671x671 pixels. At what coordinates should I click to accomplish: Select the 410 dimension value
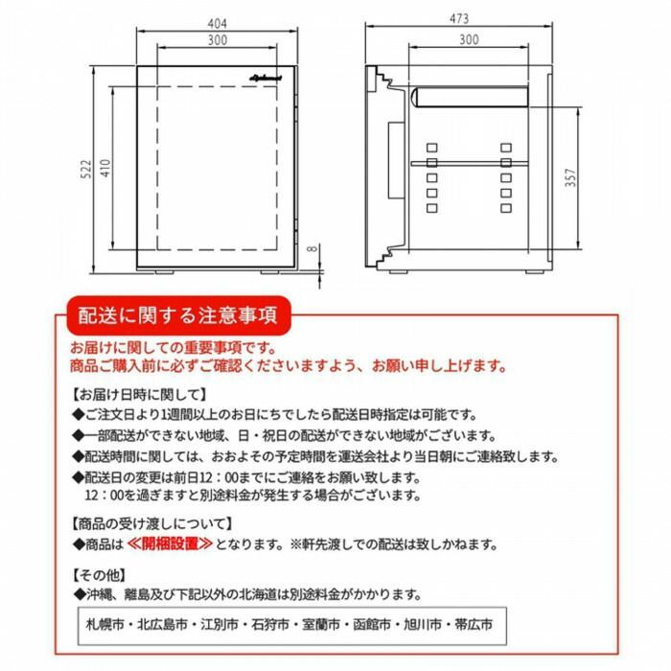tap(107, 170)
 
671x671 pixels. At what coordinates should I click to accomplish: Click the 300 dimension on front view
tap(218, 39)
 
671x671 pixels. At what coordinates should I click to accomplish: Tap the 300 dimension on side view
tap(469, 39)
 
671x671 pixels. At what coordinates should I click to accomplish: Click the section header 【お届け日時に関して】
tap(139, 393)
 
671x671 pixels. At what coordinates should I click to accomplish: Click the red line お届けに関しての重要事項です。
tap(174, 348)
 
